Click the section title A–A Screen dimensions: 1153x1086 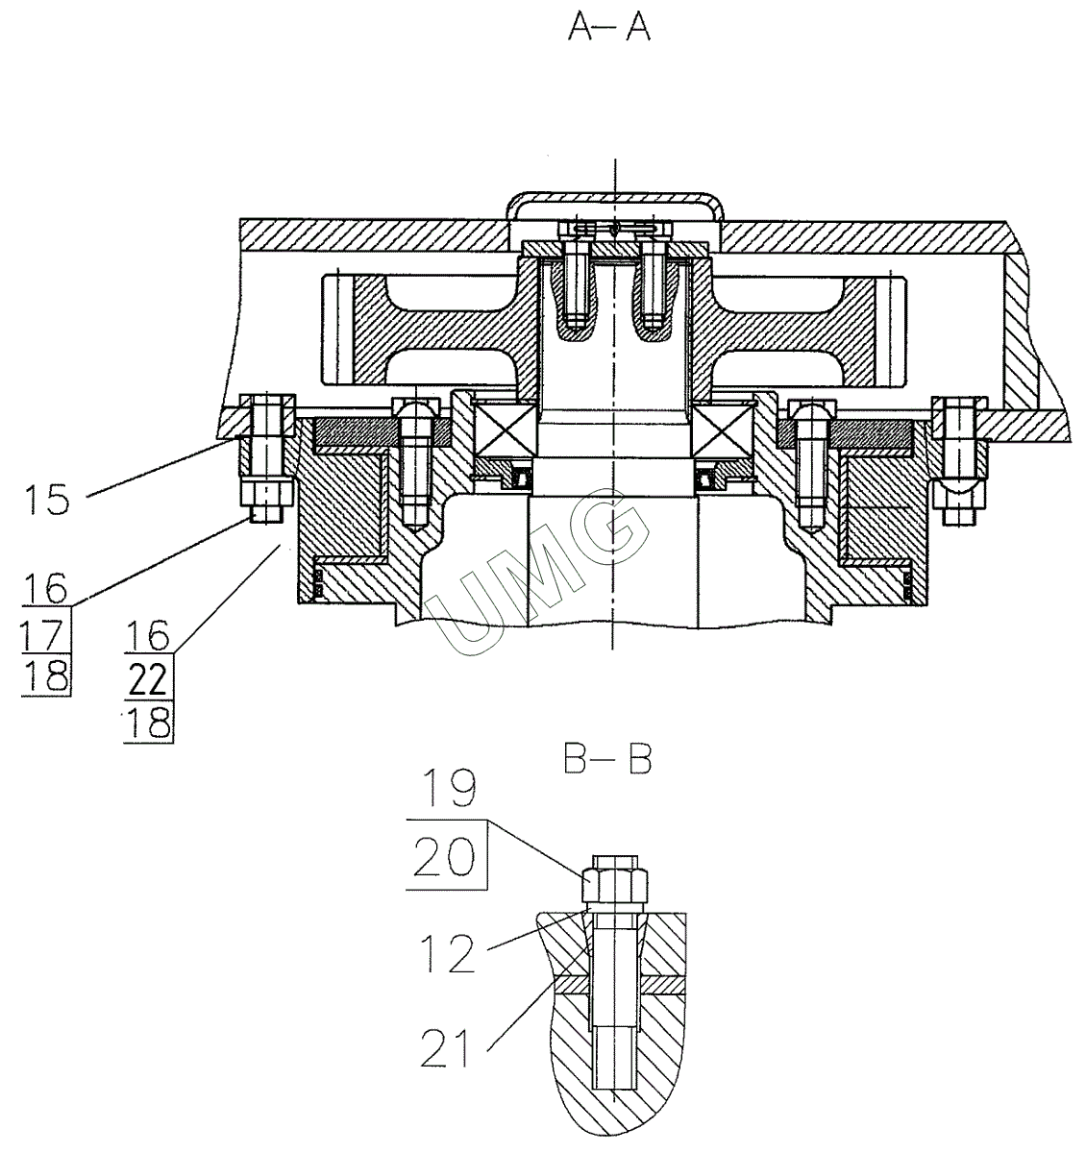pyautogui.click(x=609, y=28)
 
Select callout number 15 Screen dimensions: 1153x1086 pyautogui.click(x=46, y=500)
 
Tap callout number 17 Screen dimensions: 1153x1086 pyautogui.click(x=46, y=634)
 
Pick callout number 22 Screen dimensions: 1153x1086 pyautogui.click(x=148, y=680)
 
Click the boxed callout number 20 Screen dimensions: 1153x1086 pyautogui.click(x=445, y=855)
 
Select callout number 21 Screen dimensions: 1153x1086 pyautogui.click(x=447, y=1047)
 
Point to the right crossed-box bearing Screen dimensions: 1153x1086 pyautogui.click(x=722, y=427)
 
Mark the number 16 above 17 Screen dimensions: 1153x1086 pyautogui.click(x=46, y=587)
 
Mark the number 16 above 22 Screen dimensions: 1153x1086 pyautogui.click(x=148, y=635)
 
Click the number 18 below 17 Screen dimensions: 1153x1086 pyautogui.click(x=46, y=676)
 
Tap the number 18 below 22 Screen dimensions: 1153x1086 pyautogui.click(x=148, y=723)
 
